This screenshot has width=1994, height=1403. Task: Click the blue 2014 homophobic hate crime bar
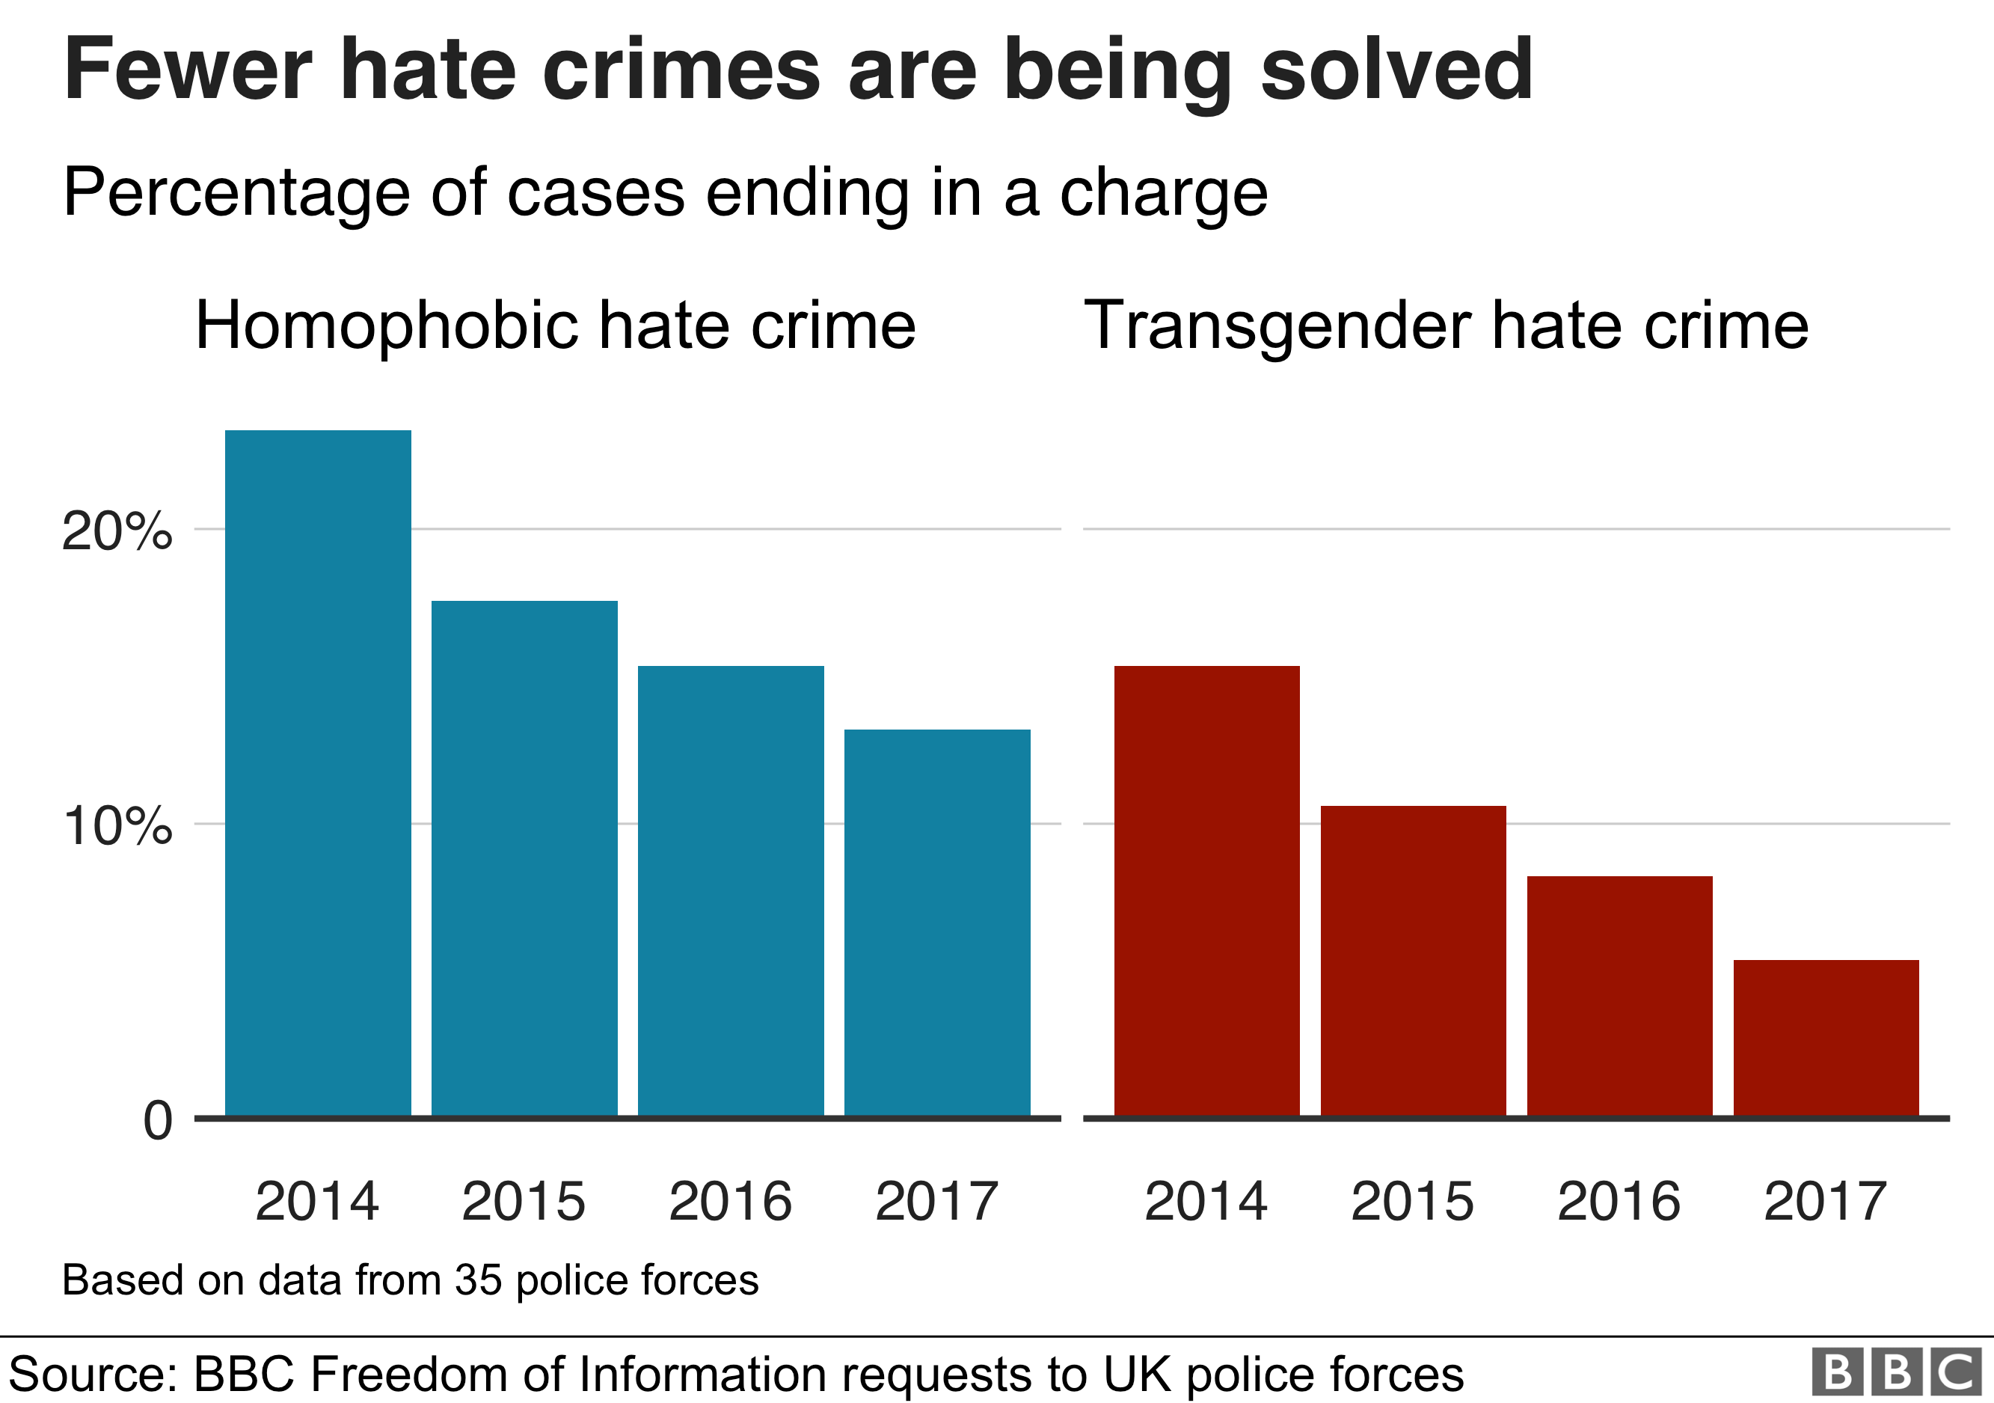[x=318, y=773]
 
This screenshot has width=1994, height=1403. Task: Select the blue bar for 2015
[x=524, y=858]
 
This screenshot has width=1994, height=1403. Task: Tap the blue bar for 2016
[x=731, y=890]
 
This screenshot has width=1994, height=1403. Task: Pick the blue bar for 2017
[x=937, y=923]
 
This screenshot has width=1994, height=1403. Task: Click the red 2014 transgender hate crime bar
[x=1206, y=890]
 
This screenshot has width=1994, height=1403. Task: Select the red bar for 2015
[x=1413, y=961]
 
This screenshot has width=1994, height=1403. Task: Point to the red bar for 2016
[x=1619, y=995]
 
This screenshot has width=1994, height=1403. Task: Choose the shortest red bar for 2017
[x=1826, y=1037]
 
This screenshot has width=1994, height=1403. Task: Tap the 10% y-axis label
[x=117, y=825]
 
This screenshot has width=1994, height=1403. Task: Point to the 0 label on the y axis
[x=157, y=1121]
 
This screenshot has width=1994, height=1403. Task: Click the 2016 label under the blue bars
[x=731, y=1202]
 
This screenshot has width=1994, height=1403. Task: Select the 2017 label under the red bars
[x=1826, y=1202]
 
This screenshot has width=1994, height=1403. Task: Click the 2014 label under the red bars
[x=1206, y=1202]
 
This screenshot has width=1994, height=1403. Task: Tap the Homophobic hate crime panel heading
[x=556, y=325]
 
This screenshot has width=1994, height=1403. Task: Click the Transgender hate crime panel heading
[x=1446, y=325]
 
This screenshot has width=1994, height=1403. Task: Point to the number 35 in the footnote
[x=478, y=1280]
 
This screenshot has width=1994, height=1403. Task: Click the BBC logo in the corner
[x=1896, y=1374]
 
